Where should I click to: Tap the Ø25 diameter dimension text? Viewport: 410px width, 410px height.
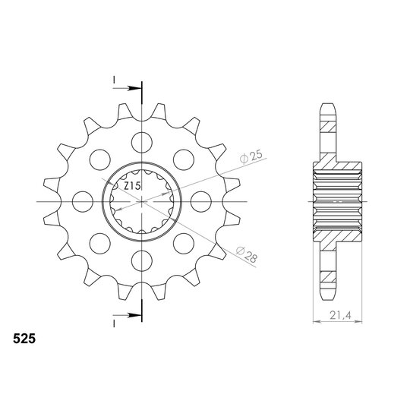click(250, 158)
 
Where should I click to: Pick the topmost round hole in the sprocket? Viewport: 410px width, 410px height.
click(141, 140)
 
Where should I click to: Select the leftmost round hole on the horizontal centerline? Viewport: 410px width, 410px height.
click(80, 201)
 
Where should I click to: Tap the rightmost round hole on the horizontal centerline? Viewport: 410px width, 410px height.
click(202, 201)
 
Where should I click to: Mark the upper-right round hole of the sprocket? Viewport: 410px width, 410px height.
click(184, 159)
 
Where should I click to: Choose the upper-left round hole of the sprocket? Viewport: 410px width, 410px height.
click(99, 159)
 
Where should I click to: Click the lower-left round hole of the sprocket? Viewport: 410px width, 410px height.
click(99, 244)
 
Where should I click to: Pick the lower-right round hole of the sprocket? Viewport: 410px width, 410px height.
click(184, 244)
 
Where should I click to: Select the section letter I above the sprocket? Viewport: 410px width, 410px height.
click(112, 79)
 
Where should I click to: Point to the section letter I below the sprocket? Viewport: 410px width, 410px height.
click(112, 323)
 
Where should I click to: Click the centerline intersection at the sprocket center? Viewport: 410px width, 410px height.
click(141, 201)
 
